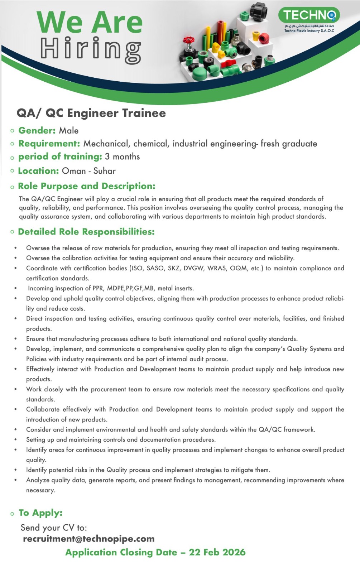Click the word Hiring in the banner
pos(90,50)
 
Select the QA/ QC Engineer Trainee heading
pos(91,113)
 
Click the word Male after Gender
pos(69,131)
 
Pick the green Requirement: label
pos(49,144)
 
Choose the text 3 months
pos(122,157)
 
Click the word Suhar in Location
pos(105,171)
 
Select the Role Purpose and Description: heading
pos(87,186)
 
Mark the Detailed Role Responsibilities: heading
pos(86,232)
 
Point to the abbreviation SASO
pos(155,268)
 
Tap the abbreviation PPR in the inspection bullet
pos(98,288)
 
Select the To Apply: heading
pos(41,513)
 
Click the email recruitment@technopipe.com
pos(89,539)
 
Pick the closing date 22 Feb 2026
pos(217,552)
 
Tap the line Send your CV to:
pos(54,528)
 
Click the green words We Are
pos(90,22)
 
